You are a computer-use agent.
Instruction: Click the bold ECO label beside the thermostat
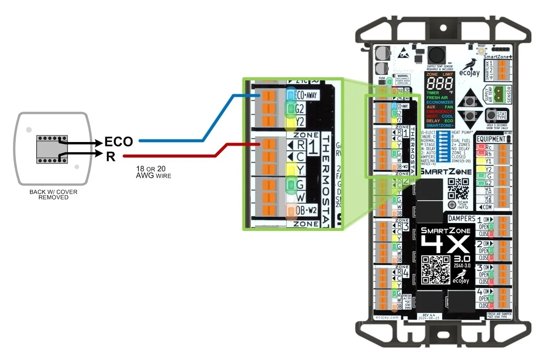[x=118, y=142]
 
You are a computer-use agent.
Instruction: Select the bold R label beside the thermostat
[x=110, y=156]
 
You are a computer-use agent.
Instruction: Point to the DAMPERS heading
[x=462, y=219]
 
